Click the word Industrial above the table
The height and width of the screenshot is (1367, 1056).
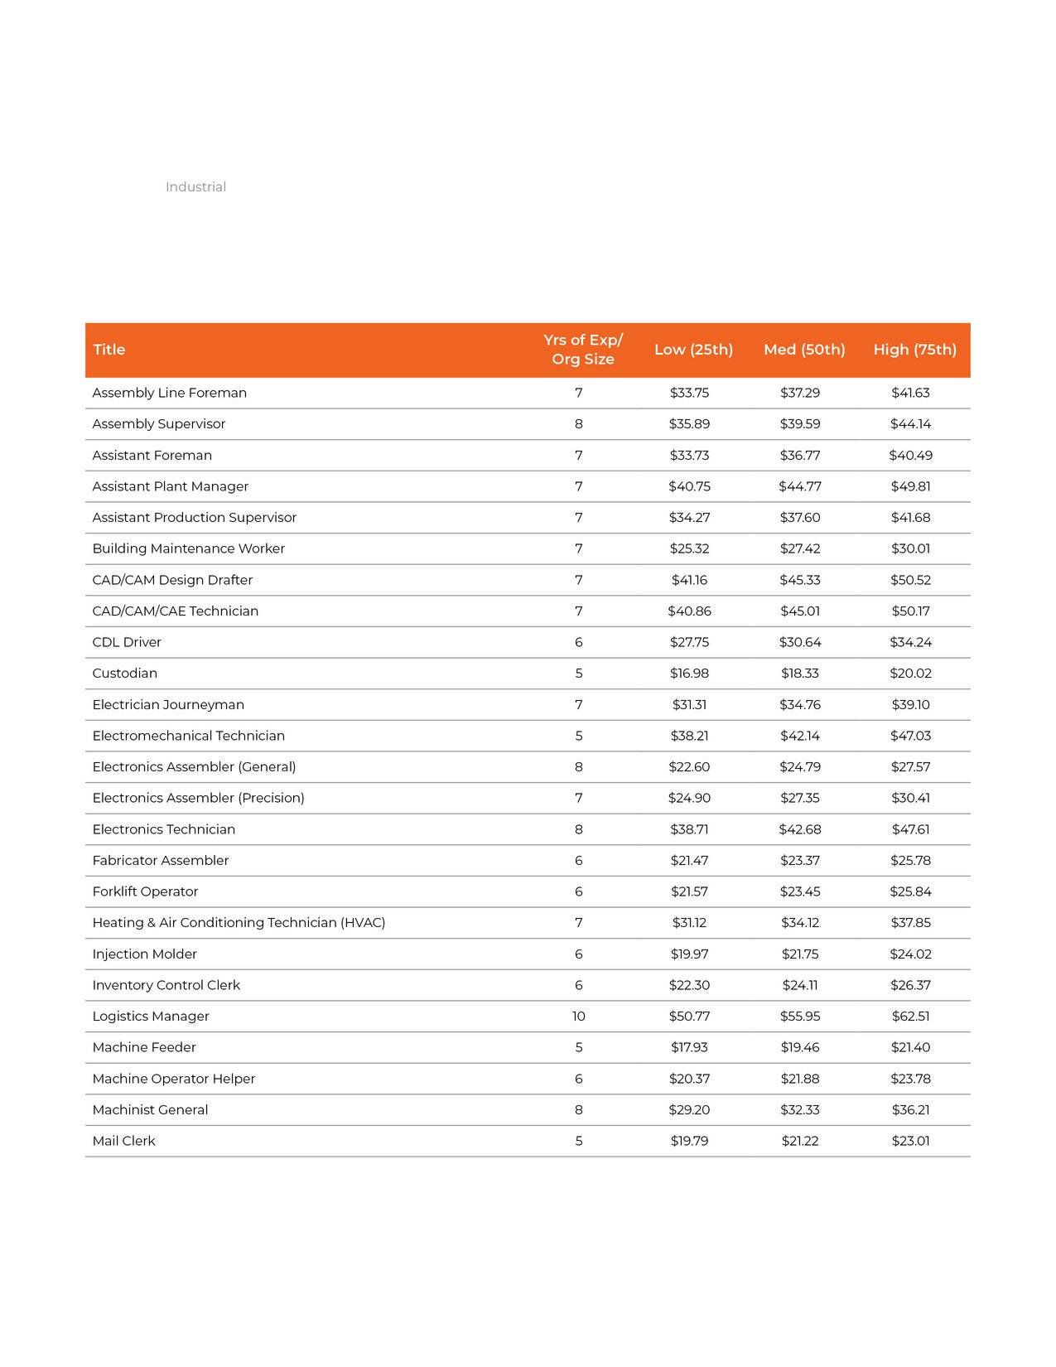195,187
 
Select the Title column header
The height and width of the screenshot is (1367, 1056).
109,350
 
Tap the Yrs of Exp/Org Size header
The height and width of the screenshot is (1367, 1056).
583,350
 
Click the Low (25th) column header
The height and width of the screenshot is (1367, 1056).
693,350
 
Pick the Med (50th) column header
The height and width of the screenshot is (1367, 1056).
804,350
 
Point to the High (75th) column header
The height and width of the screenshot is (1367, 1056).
914,350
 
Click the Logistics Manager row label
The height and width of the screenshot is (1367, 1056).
151,1017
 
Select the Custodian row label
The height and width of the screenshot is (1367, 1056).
125,674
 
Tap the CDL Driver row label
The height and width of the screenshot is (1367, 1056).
127,642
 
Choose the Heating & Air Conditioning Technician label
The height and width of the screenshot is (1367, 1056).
239,923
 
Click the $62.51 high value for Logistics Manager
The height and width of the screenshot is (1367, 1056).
910,1017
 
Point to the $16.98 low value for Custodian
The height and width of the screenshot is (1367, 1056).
689,674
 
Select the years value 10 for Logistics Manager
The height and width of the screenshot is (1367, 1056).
578,1017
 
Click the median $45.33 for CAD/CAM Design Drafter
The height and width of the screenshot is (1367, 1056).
800,580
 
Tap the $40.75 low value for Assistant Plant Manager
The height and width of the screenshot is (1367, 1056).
689,486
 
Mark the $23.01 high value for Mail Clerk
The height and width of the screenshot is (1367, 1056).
910,1141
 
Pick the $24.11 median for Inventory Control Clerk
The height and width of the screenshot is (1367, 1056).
800,985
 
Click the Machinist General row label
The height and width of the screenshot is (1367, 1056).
150,1110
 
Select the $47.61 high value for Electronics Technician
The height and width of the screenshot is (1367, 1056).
910,829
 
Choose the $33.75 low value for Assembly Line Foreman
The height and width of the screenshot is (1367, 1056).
689,393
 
